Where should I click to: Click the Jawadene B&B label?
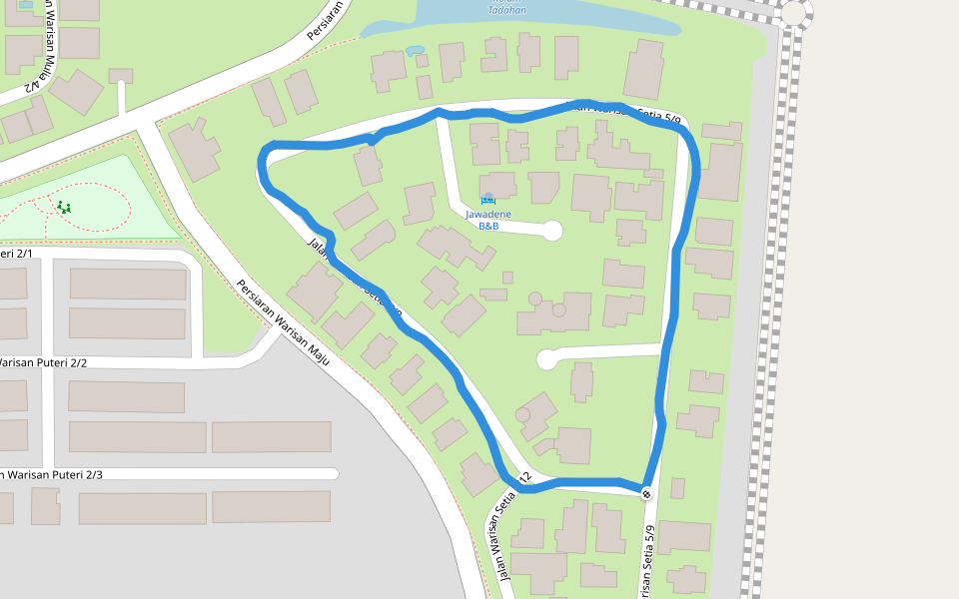click(488, 220)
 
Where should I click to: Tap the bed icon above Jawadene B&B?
click(487, 198)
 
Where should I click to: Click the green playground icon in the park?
click(64, 208)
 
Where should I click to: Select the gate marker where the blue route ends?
click(646, 493)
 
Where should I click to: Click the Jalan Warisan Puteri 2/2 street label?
click(44, 362)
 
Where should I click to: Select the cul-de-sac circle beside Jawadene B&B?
click(551, 232)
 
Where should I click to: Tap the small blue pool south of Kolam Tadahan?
click(415, 50)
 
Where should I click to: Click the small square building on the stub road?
click(121, 76)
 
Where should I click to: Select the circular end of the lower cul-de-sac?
click(546, 358)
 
